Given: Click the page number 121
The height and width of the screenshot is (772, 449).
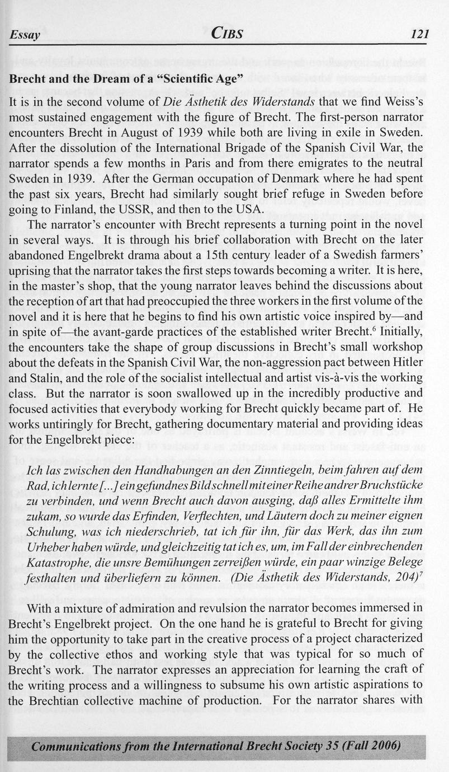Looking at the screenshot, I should point(419,34).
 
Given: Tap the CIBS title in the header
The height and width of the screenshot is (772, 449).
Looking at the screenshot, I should point(226,34).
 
